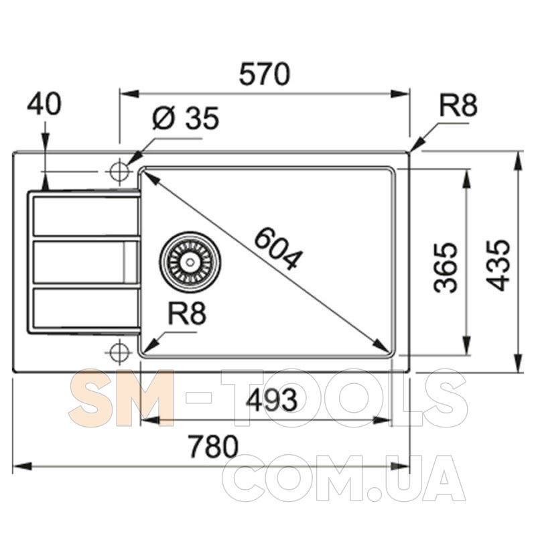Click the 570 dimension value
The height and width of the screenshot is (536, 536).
click(264, 74)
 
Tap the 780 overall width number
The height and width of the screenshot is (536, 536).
click(213, 446)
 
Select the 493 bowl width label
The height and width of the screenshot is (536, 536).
click(272, 400)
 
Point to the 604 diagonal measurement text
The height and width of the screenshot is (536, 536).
click(278, 249)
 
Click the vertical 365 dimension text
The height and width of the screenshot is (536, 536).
click(446, 267)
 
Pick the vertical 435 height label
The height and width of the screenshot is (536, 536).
click(498, 265)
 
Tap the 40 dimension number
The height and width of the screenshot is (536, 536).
click(44, 104)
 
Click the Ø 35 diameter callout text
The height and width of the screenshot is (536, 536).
click(185, 119)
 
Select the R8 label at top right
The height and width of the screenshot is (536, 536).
click(458, 105)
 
